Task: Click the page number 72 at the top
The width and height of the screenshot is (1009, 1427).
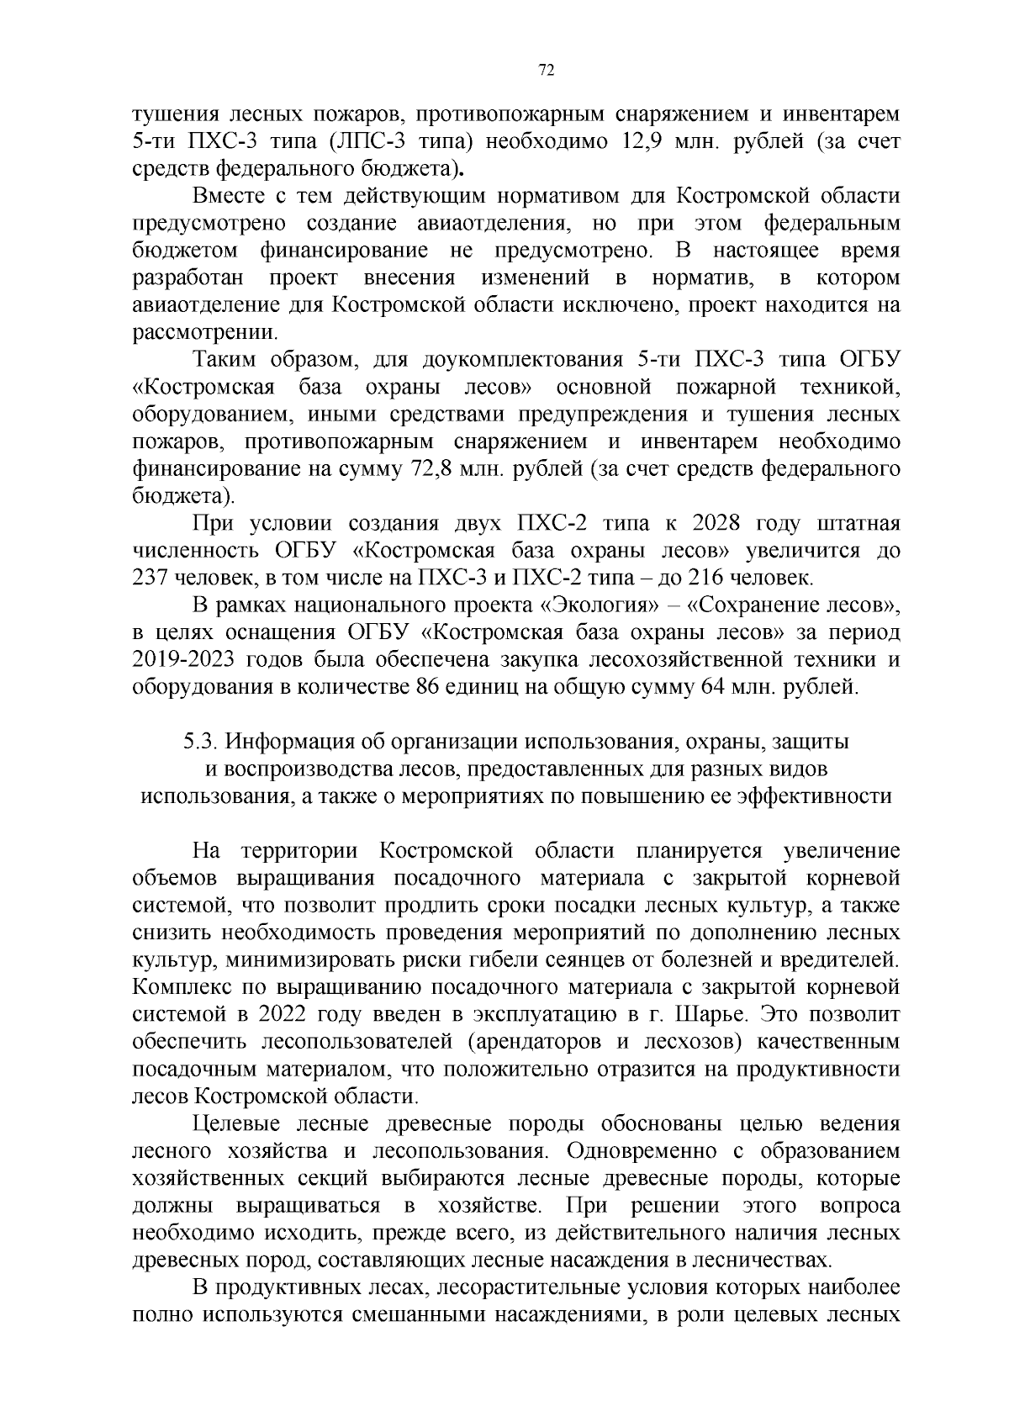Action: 546,71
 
